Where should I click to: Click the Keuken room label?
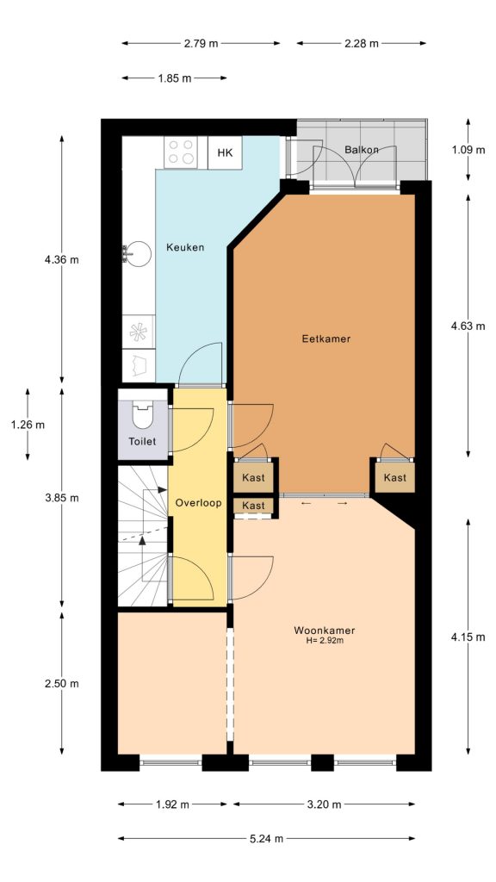coord(185,248)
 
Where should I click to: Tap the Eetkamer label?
coord(325,339)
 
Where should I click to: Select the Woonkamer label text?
coord(324,630)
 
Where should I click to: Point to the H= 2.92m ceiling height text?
coord(324,641)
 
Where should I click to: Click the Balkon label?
coord(362,150)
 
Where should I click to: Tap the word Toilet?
coord(142,442)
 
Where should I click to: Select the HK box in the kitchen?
coord(225,153)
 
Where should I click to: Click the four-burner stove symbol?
coord(182,152)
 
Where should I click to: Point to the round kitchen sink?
coord(132,252)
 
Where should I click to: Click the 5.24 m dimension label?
coord(266,838)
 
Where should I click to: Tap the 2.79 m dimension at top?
coord(201,43)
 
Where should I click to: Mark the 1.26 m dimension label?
coord(28,424)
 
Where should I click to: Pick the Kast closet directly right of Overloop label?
coord(253,505)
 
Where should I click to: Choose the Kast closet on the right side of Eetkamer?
coord(394,477)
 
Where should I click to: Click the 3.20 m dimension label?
coord(324,804)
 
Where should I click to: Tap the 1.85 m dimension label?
coord(175,78)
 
